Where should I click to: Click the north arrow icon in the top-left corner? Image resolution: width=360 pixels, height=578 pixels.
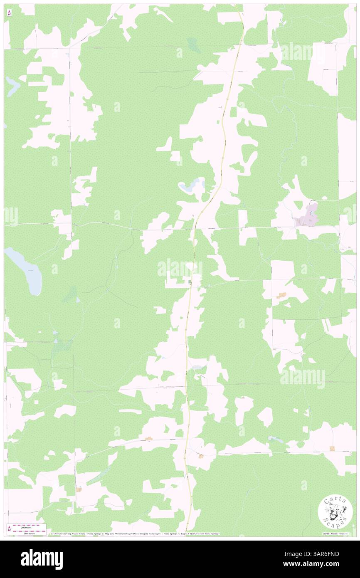(x=9, y=13)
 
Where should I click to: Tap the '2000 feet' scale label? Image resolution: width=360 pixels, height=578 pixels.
(x=28, y=526)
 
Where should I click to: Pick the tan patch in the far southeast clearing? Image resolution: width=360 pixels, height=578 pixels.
(x=332, y=448)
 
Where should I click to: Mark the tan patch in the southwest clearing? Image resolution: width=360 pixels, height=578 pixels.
(x=79, y=489)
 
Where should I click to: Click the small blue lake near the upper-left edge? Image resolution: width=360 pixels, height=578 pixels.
(x=12, y=85)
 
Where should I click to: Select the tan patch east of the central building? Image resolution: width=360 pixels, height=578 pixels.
(x=283, y=295)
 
